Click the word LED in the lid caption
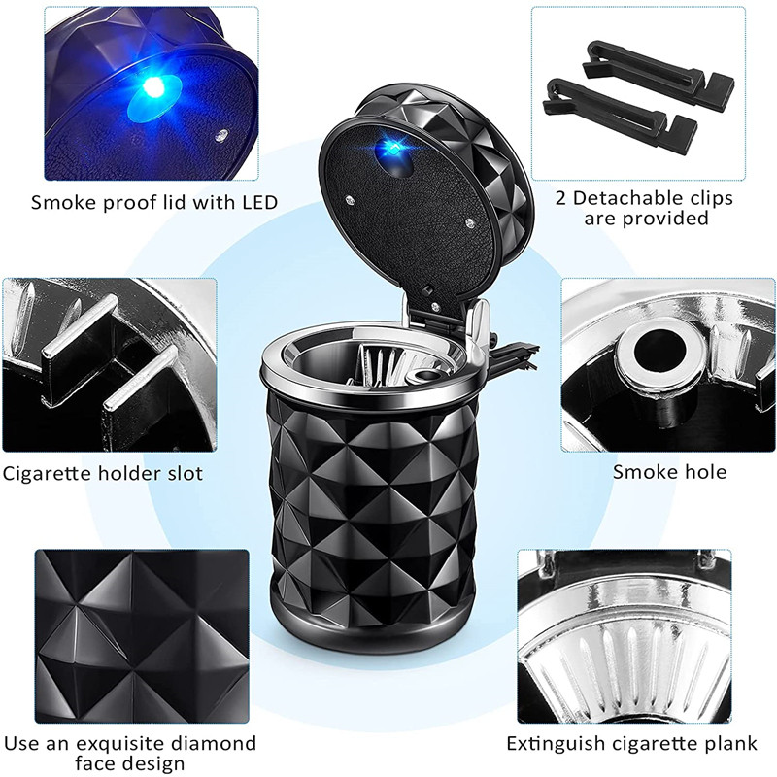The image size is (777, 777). pyautogui.click(x=255, y=203)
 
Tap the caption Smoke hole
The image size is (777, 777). pyautogui.click(x=669, y=473)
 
